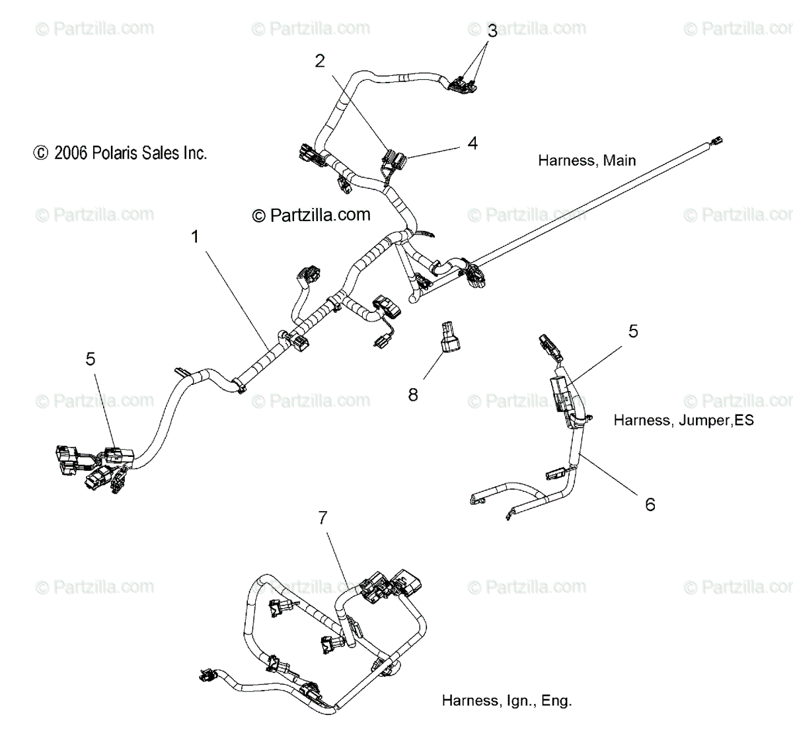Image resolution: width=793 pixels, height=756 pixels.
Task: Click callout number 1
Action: [x=195, y=236]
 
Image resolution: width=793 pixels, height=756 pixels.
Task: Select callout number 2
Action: [x=320, y=61]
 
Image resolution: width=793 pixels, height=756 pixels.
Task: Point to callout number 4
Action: [x=472, y=143]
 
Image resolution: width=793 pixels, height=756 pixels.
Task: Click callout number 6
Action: [x=650, y=504]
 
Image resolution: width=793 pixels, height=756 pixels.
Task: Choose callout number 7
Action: [x=322, y=518]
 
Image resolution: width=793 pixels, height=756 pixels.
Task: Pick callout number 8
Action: [x=413, y=395]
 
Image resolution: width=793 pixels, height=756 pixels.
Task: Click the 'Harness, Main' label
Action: [x=587, y=160]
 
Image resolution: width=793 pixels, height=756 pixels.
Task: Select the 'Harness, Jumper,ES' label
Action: [x=683, y=420]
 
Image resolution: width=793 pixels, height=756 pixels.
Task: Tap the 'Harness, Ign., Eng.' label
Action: [x=507, y=701]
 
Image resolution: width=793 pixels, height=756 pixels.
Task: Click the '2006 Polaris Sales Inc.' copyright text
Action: [x=120, y=153]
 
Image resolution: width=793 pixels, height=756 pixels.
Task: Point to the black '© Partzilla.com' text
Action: [x=311, y=215]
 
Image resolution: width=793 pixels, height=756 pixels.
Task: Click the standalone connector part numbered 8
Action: [x=449, y=337]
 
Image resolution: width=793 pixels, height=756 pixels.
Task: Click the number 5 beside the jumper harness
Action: [x=633, y=331]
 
